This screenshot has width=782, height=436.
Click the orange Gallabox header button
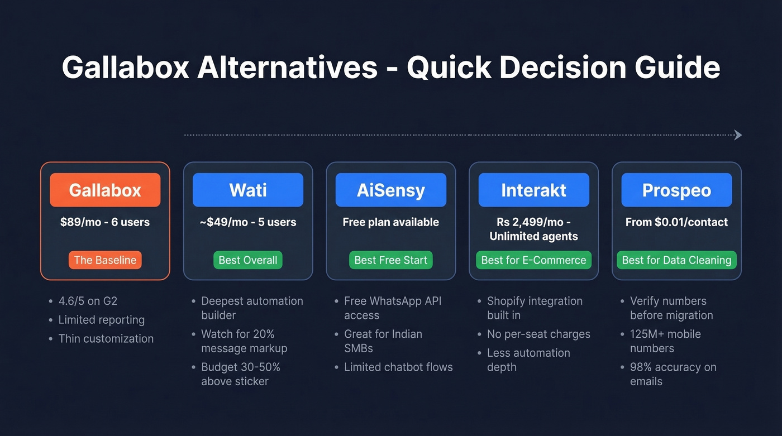pos(105,190)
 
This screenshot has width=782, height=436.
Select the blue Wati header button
pos(248,190)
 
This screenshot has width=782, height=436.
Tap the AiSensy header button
pos(391,190)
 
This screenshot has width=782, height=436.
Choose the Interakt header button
pos(533,190)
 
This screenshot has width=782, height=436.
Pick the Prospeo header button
pos(676,190)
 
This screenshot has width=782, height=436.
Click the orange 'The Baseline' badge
pos(105,260)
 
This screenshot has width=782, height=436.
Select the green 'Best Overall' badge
pos(248,260)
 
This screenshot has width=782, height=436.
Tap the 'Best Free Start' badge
pos(391,260)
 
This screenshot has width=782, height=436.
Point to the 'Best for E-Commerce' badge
pos(533,260)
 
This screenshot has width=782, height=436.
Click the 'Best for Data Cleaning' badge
pos(676,260)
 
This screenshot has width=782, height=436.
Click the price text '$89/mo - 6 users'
pos(105,222)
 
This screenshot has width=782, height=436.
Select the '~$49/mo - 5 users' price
pos(248,222)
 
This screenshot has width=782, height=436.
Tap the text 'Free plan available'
pos(391,222)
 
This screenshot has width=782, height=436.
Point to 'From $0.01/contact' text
pos(676,222)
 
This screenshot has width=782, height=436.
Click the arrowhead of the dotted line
pos(738,135)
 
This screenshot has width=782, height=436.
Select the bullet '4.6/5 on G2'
pos(88,301)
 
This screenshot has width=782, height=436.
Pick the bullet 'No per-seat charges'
pos(538,334)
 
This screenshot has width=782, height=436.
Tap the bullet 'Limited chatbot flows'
pos(398,367)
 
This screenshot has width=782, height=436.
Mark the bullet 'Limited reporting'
pos(101,320)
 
